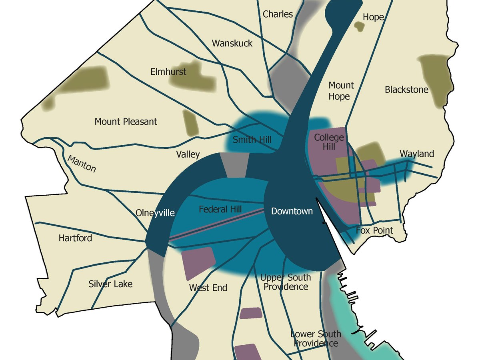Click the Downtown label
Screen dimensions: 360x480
292,211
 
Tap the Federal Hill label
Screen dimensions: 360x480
220,209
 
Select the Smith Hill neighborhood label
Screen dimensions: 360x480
252,140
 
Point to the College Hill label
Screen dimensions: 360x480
329,142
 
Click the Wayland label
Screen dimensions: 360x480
416,154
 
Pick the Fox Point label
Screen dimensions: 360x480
374,230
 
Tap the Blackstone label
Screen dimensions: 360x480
406,90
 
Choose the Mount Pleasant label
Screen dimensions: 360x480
126,122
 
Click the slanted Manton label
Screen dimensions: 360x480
82,164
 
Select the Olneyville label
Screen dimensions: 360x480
155,213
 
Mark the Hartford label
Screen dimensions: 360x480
75,238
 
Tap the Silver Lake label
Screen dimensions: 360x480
110,284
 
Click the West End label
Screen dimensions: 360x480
208,288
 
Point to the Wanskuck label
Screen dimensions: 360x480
232,43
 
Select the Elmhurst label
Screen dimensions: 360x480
168,72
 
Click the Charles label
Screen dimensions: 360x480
278,14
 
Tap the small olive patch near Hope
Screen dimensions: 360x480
359,27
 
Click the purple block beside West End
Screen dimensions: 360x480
199,263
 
